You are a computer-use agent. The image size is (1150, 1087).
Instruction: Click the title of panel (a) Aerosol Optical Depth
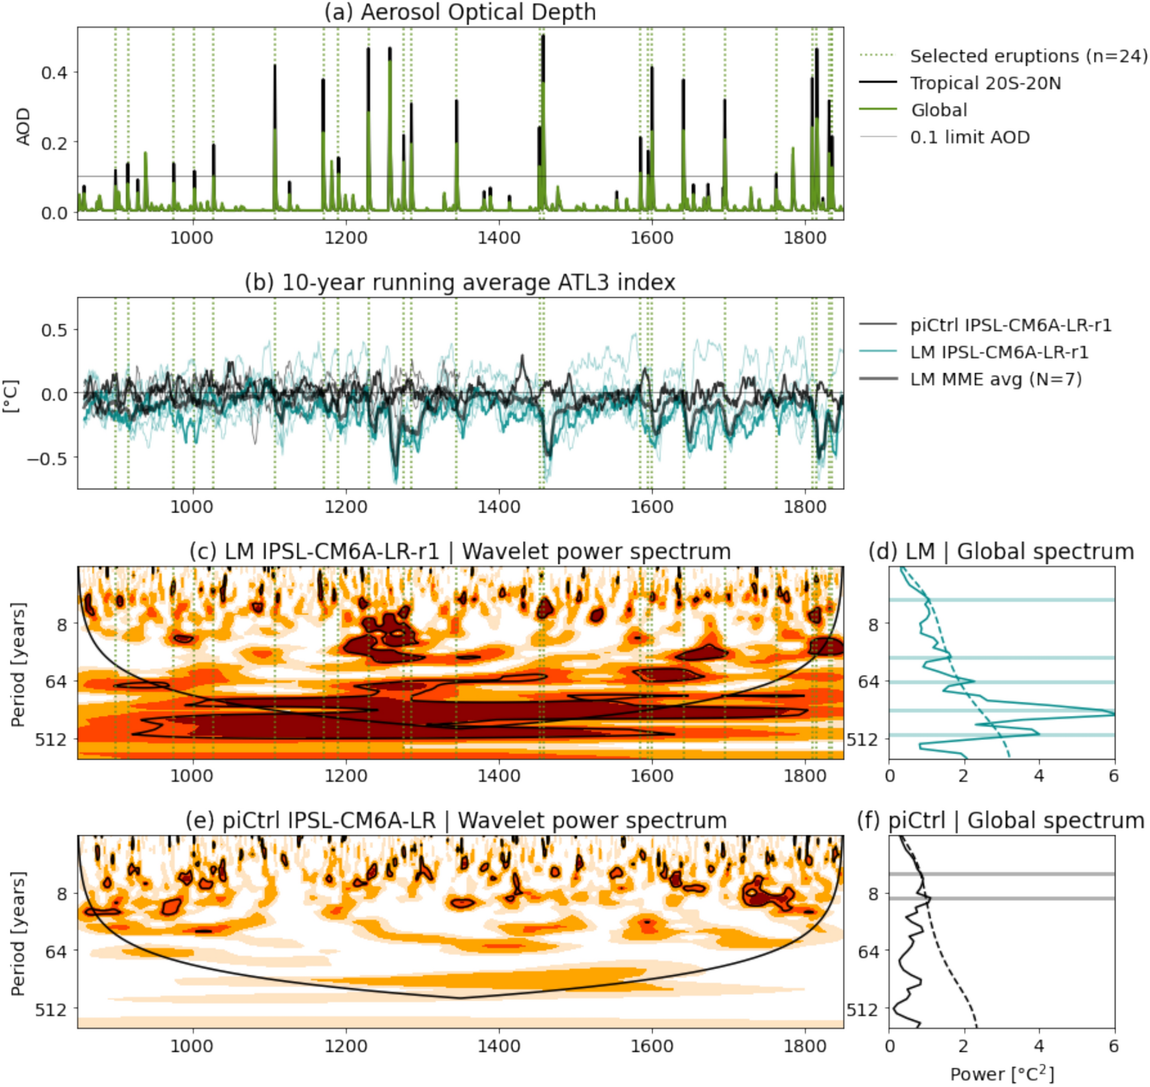point(460,12)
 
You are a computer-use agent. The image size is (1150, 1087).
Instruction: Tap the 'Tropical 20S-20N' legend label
point(985,84)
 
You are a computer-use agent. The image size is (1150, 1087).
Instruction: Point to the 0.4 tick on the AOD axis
point(54,73)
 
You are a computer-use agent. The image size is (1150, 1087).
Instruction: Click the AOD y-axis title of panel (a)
point(23,126)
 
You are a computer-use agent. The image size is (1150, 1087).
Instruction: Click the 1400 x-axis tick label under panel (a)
point(498,238)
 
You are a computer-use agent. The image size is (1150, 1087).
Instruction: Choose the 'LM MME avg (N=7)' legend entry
point(996,379)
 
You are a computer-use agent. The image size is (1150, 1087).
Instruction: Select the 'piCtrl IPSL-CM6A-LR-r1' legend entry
point(1010,325)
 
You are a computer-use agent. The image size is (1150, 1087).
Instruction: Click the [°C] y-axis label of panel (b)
point(11,396)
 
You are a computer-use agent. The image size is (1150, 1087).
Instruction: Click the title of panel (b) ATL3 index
point(460,283)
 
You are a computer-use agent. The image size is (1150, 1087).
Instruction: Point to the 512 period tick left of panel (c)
point(51,739)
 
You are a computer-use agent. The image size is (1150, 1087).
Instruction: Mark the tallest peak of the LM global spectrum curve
point(1113,714)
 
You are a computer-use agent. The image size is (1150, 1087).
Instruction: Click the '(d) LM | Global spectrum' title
point(1001,552)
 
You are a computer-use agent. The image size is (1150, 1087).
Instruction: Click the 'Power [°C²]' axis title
point(1002,1074)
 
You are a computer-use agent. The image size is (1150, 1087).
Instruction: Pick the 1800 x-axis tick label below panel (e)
point(805,1046)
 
